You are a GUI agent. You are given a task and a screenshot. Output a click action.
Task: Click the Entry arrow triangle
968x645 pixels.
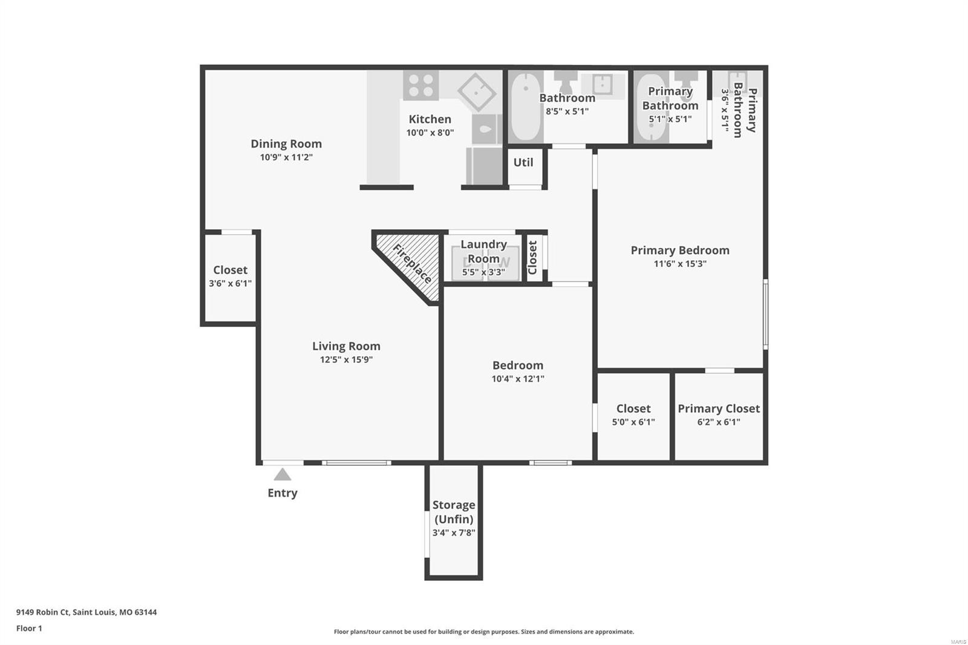(x=282, y=474)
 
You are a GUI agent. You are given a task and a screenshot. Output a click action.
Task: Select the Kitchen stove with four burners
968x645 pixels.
(x=421, y=85)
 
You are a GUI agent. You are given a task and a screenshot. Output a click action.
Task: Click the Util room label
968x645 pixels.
(x=523, y=163)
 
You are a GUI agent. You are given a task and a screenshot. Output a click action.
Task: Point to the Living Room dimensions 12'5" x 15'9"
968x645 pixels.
(x=346, y=359)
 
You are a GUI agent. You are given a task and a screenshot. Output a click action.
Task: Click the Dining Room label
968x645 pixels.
(x=286, y=143)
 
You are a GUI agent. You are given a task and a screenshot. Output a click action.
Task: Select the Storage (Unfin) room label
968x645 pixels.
(x=454, y=512)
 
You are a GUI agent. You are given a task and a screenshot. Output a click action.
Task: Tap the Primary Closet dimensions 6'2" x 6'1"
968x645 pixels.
(x=719, y=422)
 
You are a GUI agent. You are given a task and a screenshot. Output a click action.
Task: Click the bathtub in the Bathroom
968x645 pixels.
(x=526, y=106)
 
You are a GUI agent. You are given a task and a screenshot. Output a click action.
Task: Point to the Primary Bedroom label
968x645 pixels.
(x=680, y=250)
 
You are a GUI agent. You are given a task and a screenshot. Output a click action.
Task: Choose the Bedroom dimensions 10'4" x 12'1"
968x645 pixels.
(x=518, y=379)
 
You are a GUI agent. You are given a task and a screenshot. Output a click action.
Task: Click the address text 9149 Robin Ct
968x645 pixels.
(x=43, y=612)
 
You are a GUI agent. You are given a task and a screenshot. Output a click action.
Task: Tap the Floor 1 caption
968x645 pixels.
(x=29, y=629)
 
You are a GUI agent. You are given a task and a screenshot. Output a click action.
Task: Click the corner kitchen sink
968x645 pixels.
(x=477, y=92)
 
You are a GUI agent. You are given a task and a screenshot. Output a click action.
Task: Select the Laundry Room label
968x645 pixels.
(x=483, y=252)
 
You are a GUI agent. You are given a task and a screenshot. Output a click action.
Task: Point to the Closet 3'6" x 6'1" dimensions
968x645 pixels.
(x=230, y=284)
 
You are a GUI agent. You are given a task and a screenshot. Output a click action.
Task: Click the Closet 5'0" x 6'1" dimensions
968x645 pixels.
(x=633, y=422)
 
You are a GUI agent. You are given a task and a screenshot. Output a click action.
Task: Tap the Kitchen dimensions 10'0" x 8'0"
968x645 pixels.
(x=430, y=133)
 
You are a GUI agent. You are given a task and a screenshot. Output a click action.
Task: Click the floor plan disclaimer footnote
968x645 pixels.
(x=483, y=632)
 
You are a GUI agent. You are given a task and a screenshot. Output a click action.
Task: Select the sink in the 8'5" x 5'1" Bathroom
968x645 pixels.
(x=603, y=85)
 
